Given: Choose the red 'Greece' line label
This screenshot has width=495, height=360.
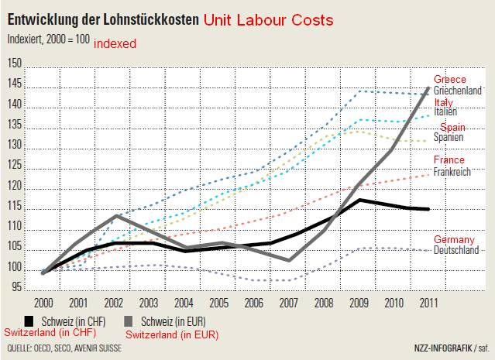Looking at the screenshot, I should (x=449, y=80).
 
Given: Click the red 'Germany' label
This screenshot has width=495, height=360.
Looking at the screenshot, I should (x=455, y=239).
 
